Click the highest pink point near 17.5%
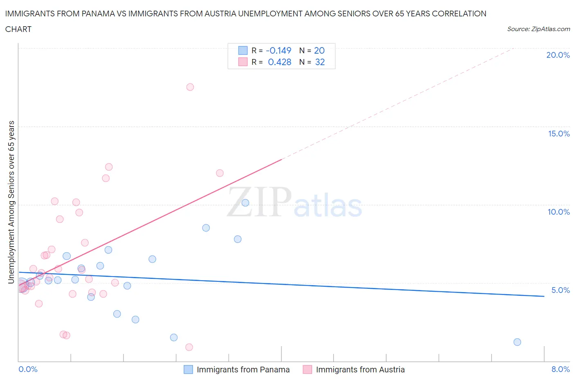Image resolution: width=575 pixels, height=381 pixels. pos(190,87)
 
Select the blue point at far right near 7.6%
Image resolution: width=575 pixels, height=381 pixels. pos(517,342)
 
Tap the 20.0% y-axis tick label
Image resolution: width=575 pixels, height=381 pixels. pos(558,55)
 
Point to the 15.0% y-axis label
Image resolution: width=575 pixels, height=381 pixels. pos(559,134)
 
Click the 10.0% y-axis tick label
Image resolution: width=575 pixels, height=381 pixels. pos(559,212)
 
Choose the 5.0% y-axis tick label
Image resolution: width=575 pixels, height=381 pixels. pos(560,290)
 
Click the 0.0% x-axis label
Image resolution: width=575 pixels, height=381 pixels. pos(28,369)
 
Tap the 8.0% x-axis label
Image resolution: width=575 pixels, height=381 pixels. pos(560,369)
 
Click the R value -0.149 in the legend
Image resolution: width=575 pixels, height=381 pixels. pos(279,50)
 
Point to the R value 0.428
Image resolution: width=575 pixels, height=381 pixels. pos(280,62)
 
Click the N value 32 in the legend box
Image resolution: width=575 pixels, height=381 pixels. pos(320,62)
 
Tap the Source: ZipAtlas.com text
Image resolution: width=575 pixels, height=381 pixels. pos(538,29)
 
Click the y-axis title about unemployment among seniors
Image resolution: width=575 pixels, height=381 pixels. pos(11,202)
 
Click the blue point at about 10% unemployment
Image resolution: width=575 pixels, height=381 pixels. pos(245,203)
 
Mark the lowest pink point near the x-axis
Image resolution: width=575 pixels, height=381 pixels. pos(189,347)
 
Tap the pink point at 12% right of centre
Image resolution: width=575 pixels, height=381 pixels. pos(220,173)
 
